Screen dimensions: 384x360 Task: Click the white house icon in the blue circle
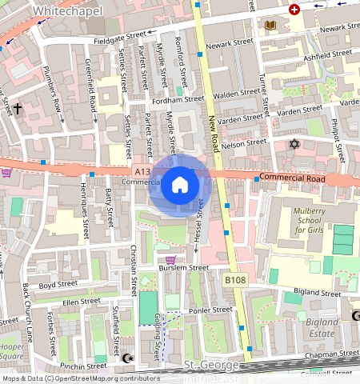point(180,185)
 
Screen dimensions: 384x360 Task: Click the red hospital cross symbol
point(294,10)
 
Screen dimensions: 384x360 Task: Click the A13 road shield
point(142,171)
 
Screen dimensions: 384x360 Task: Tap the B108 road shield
point(234,280)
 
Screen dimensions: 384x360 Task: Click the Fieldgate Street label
point(120,37)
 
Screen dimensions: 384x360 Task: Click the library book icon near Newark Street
point(270,26)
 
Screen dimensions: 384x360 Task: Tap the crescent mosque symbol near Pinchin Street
point(126,358)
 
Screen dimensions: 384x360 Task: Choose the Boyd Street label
point(58,284)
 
